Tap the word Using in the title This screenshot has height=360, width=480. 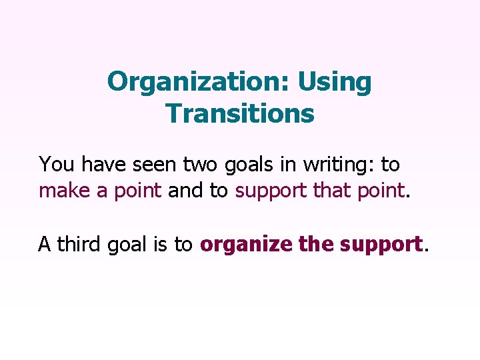(x=335, y=82)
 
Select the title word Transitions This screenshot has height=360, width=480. (x=240, y=113)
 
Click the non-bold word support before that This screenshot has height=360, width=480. (x=271, y=192)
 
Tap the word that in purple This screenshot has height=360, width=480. (x=331, y=191)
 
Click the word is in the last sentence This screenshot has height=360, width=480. (x=161, y=245)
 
